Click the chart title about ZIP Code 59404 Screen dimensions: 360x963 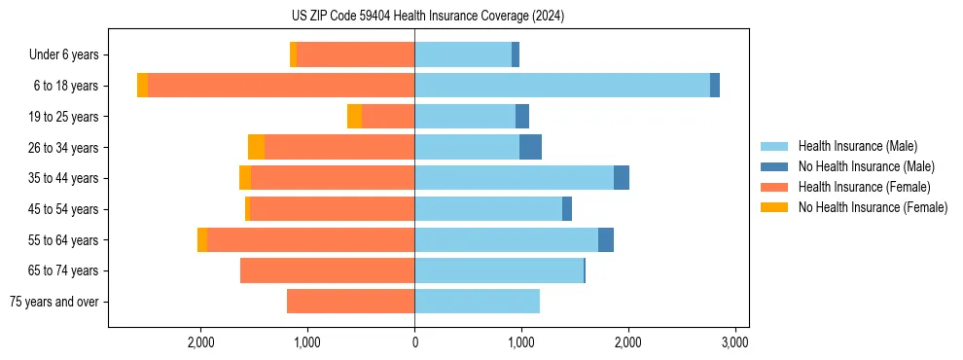pos(414,16)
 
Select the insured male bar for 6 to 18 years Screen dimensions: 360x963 pos(562,86)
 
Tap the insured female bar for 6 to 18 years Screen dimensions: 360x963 pos(281,86)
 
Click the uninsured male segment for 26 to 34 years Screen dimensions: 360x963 pos(530,147)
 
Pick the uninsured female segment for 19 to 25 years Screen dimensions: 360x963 pos(354,117)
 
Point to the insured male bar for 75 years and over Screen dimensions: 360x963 pos(477,302)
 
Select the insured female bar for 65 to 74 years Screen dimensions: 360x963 pos(327,270)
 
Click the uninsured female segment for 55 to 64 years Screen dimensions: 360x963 pos(202,239)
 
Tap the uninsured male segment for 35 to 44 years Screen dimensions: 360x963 pos(622,178)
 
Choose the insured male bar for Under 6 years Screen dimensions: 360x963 pos(463,54)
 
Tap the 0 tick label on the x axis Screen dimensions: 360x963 pos(414,342)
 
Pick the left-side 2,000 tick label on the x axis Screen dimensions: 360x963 pos(200,342)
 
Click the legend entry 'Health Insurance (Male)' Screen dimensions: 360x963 pos(857,146)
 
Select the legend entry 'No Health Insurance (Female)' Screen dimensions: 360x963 pos(873,207)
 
